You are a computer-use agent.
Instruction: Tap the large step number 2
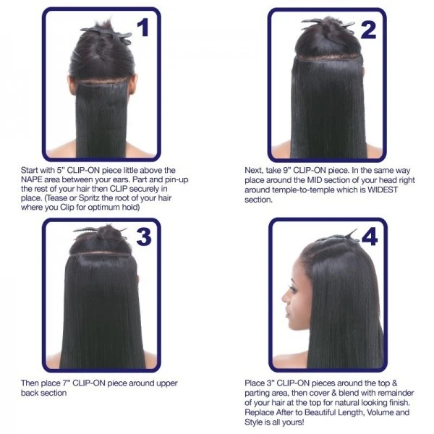tap(369, 30)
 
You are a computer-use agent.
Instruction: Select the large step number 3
tap(144, 237)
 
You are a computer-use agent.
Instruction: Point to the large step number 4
tap(370, 237)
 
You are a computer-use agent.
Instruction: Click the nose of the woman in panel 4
tap(284, 298)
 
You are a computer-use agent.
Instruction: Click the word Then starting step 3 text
tap(30, 383)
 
